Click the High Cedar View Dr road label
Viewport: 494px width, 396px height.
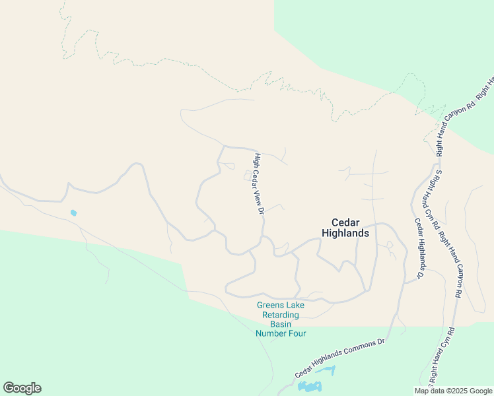pyautogui.click(x=259, y=184)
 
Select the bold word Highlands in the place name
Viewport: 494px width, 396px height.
pyautogui.click(x=345, y=233)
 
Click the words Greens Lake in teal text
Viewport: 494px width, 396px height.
pyautogui.click(x=281, y=305)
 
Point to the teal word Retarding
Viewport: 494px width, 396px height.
pyautogui.click(x=281, y=315)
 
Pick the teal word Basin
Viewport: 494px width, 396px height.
pyautogui.click(x=281, y=324)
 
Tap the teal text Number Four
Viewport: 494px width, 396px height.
pyautogui.click(x=281, y=333)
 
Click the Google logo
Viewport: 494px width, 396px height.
pyautogui.click(x=22, y=388)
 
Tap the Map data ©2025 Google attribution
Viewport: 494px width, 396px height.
pyautogui.click(x=454, y=391)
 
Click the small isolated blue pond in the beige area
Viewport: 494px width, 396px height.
pyautogui.click(x=73, y=213)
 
